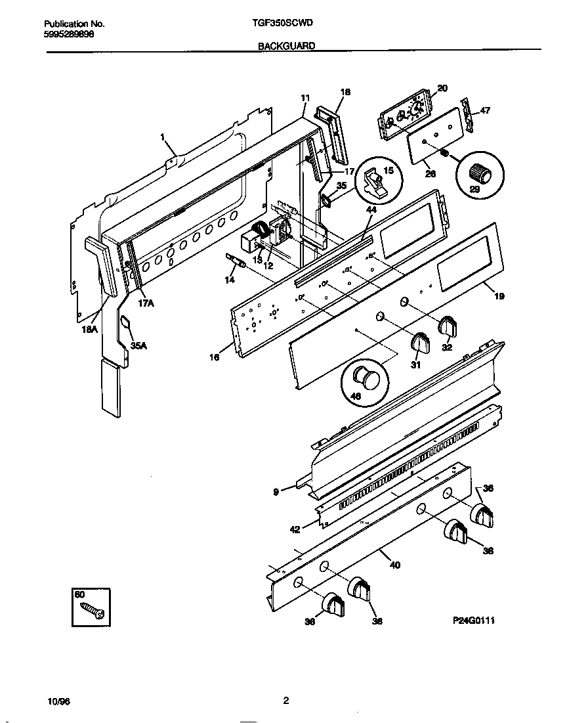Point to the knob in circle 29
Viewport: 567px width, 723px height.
(x=481, y=173)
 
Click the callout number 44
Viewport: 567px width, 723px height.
(x=371, y=209)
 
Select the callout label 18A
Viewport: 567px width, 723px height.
(x=89, y=330)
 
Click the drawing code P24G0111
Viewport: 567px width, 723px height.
(x=472, y=619)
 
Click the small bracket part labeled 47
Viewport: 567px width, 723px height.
(x=467, y=114)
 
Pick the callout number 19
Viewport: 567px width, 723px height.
(x=499, y=297)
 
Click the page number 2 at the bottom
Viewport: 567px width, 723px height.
(x=286, y=701)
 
